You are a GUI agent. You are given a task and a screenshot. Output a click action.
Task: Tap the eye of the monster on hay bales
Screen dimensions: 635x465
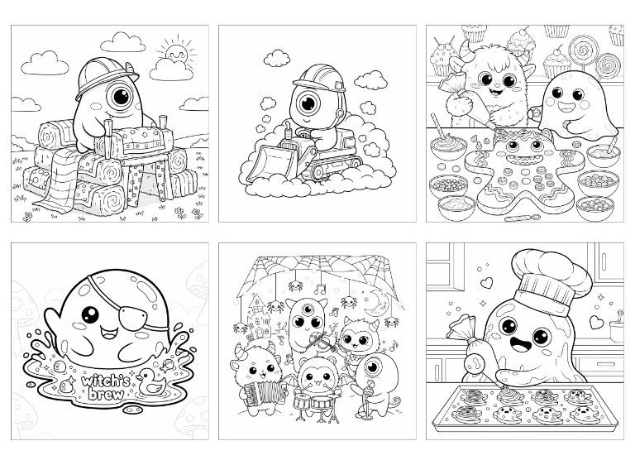click(x=120, y=97)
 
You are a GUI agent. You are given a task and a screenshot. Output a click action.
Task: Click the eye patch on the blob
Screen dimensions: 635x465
click(x=139, y=318)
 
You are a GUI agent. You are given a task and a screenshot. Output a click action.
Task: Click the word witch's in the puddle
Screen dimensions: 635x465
click(x=105, y=381)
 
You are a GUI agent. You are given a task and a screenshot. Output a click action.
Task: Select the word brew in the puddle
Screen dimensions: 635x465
click(x=106, y=394)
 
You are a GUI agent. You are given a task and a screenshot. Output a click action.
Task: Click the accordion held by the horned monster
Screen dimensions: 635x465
click(x=264, y=393)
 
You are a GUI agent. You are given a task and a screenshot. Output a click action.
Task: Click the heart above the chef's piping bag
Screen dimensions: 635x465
click(x=486, y=282)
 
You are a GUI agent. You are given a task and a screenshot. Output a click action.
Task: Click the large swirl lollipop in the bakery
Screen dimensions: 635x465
click(x=582, y=50)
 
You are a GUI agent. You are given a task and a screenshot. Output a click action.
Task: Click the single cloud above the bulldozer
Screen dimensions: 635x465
click(x=277, y=59)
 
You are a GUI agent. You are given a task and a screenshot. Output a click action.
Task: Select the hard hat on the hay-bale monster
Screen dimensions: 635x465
click(x=107, y=77)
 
